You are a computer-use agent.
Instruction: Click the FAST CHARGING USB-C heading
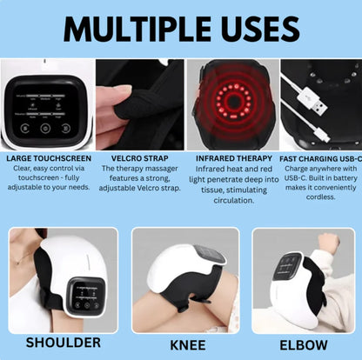(318, 158)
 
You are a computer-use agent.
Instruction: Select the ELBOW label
(304, 343)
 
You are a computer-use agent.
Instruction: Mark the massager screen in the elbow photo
(288, 268)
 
